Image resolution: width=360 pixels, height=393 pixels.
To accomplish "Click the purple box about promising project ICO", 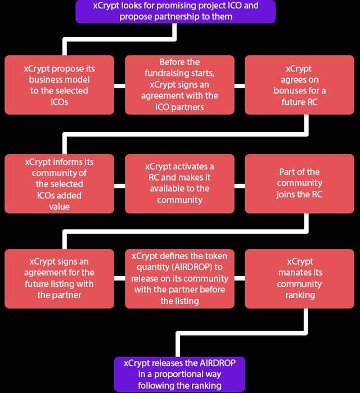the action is (175, 12).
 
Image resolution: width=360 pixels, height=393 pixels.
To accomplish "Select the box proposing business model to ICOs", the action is (59, 85).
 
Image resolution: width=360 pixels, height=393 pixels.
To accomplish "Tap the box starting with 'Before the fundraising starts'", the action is (179, 85).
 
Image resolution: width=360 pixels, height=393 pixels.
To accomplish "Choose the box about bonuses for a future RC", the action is (299, 85).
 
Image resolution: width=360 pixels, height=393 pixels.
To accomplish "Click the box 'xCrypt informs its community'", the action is (59, 184).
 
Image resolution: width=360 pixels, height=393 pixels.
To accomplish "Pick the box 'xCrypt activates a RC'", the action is (179, 184).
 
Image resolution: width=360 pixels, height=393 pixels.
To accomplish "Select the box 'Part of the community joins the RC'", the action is (299, 184).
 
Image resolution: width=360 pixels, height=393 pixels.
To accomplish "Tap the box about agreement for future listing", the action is (59, 278).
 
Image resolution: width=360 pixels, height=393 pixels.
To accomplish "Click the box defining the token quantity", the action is (179, 278).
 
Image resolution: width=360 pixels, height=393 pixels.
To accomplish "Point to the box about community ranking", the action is (299, 278).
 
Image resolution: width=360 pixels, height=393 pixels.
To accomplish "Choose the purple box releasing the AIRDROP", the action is (179, 374).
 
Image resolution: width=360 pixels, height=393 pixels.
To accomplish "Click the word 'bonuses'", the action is (290, 91).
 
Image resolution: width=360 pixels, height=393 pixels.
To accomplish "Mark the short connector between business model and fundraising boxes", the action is (120, 86).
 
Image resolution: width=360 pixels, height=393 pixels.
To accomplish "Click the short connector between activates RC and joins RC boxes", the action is (240, 186).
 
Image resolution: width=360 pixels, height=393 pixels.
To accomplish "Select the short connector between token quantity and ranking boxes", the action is (240, 278).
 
